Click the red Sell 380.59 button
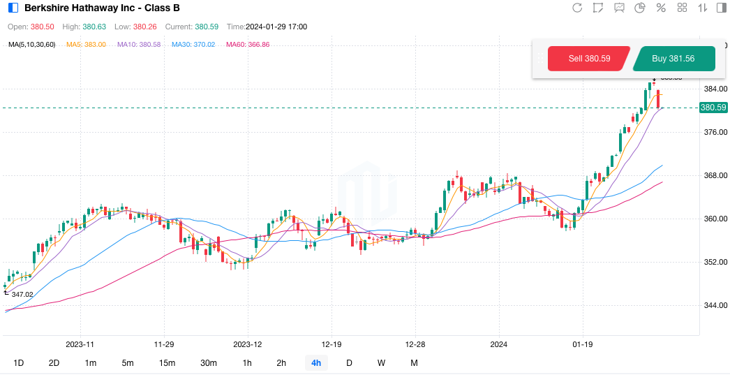click(x=589, y=59)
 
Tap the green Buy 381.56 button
click(x=673, y=59)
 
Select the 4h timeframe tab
click(x=316, y=362)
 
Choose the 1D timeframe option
click(x=19, y=362)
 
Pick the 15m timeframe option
click(x=167, y=362)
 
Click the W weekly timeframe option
click(x=381, y=362)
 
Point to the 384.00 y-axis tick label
click(x=715, y=89)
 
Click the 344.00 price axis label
click(x=715, y=305)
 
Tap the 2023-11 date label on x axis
click(x=80, y=344)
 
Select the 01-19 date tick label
click(x=583, y=344)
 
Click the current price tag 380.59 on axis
click(x=713, y=108)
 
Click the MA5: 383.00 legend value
click(x=86, y=45)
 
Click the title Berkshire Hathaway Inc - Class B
click(x=102, y=8)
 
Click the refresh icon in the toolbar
click(x=577, y=8)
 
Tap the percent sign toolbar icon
click(x=661, y=8)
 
